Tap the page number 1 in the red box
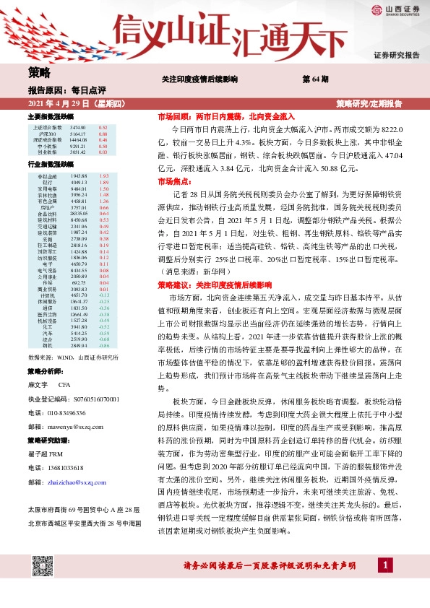point(387,584)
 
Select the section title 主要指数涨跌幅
point(51,116)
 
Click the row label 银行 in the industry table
point(47,183)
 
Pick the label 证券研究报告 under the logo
point(397,56)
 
